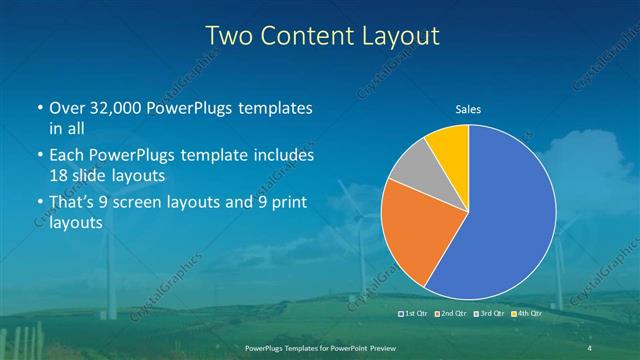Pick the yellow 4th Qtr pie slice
point(448,146)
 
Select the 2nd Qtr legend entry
point(454,314)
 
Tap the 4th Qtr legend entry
point(528,314)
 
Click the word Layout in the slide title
point(399,36)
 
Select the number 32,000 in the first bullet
point(121,108)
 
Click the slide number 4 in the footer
point(590,346)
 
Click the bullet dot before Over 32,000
point(39,108)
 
